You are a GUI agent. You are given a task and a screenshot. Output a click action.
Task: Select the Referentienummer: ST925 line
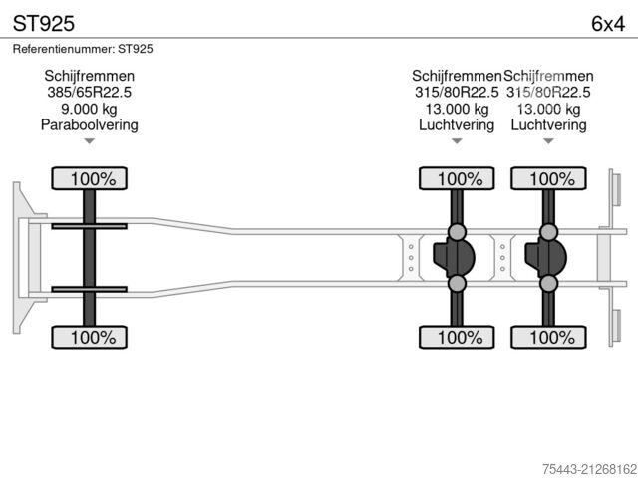83,48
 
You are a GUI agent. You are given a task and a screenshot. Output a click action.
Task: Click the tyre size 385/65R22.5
89,92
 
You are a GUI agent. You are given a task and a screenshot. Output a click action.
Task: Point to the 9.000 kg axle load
89,109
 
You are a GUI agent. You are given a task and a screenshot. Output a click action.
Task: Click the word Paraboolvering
89,125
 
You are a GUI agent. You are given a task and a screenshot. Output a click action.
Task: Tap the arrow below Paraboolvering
89,141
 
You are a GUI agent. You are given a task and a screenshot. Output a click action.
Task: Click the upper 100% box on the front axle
90,179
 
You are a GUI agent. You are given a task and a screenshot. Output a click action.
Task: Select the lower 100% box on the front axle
90,338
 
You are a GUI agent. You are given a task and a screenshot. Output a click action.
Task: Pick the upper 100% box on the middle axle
458,179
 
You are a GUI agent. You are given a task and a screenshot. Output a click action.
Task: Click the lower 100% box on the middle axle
458,338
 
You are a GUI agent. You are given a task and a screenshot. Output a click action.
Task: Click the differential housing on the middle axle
454,258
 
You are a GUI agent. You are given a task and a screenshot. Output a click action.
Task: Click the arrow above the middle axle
458,141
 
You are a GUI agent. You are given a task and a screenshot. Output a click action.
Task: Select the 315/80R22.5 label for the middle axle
457,92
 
